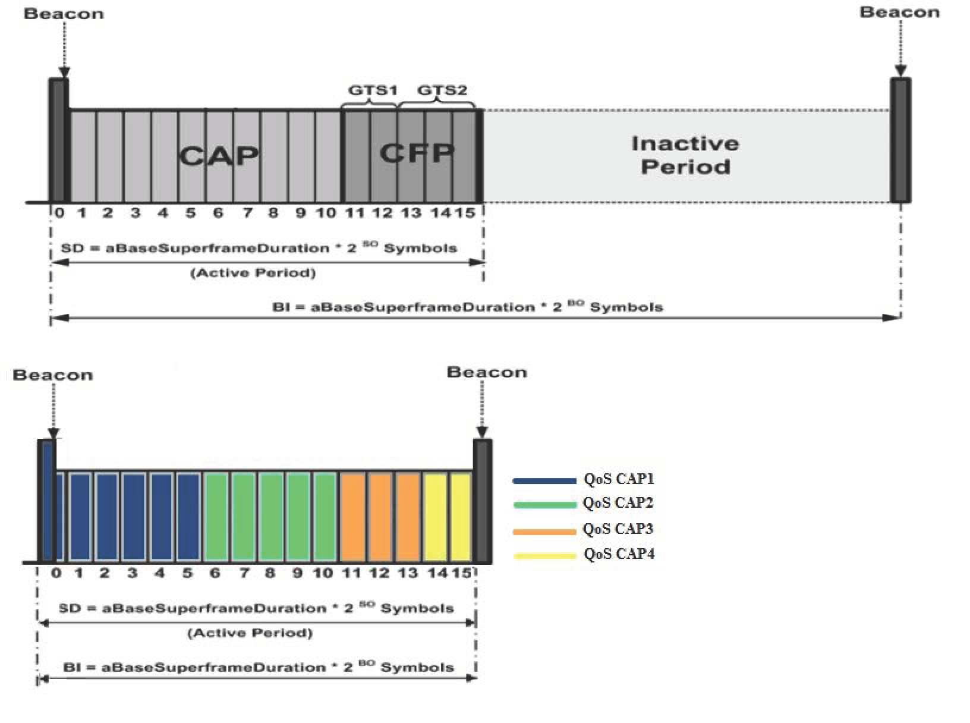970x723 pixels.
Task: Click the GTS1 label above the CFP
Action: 372,90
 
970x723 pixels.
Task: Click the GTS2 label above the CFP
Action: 442,90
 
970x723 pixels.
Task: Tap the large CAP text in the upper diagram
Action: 219,156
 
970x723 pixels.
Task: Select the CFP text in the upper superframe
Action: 417,153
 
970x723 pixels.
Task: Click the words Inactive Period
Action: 685,155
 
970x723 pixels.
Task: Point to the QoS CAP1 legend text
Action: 618,479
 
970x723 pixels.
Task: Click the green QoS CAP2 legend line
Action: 544,505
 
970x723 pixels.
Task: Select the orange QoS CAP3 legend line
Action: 544,531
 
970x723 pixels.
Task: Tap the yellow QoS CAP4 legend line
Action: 544,556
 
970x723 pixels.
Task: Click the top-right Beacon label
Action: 899,12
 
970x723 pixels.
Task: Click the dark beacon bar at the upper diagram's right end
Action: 900,140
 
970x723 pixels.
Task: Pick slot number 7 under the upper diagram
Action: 247,213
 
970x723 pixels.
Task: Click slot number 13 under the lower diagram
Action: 407,573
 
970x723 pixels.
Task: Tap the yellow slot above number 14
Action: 435,517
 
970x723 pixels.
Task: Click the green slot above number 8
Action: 270,517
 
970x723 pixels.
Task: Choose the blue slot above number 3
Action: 133,517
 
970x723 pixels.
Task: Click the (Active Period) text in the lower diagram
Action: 250,633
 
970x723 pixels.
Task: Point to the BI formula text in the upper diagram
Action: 468,307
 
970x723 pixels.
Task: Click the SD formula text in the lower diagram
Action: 256,609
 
